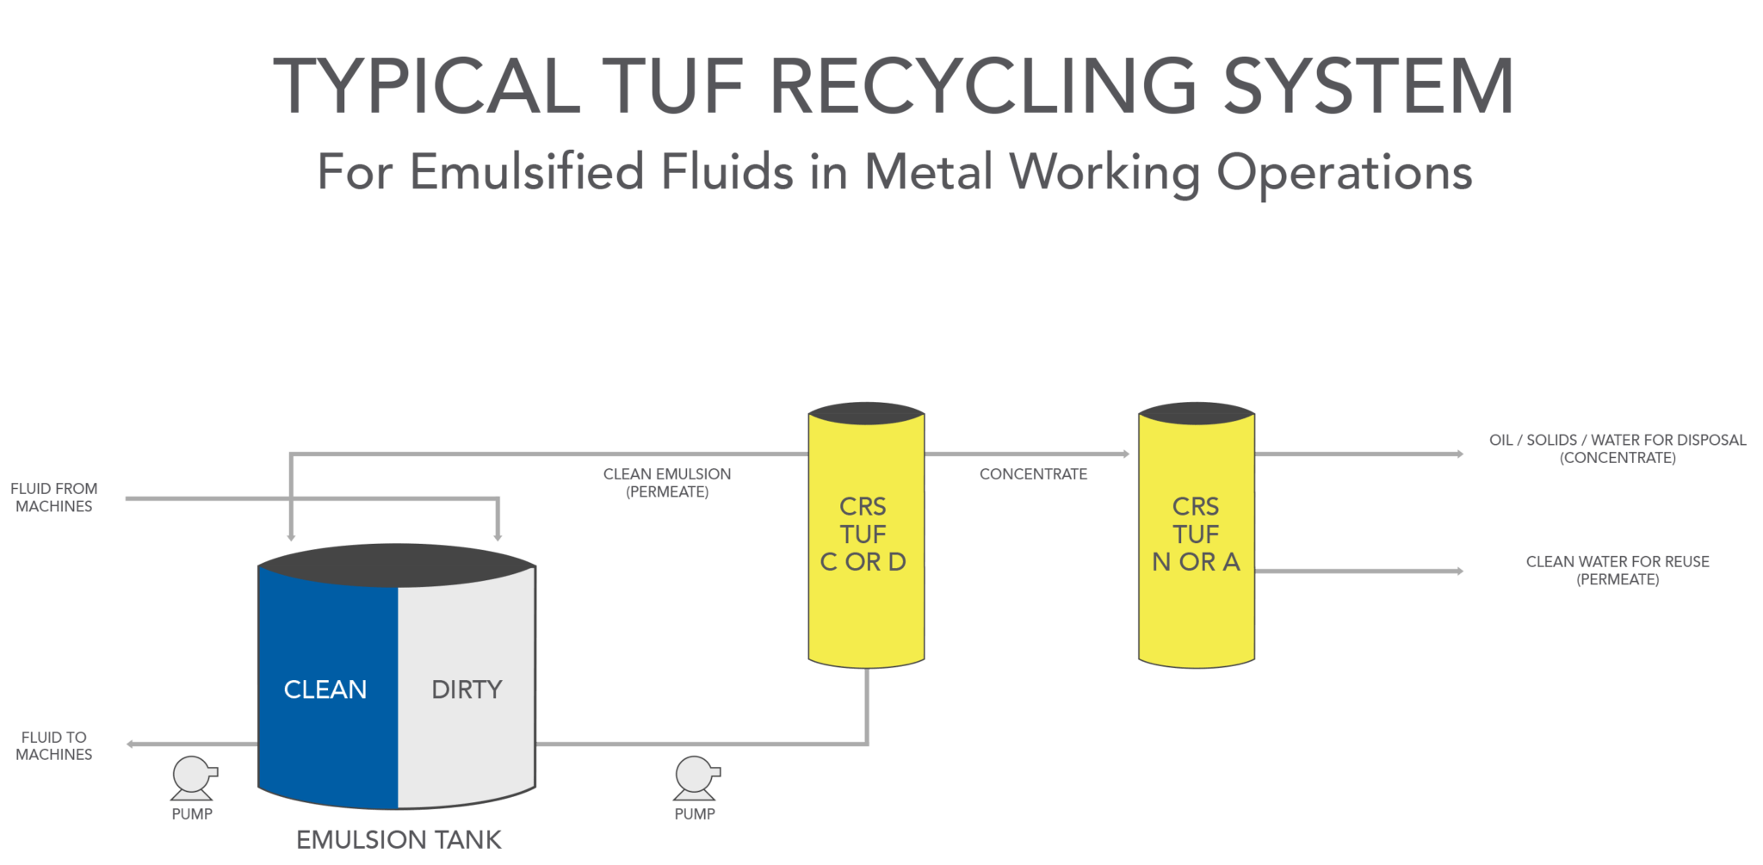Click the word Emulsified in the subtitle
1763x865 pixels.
[x=527, y=171]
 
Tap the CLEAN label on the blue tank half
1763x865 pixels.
[x=325, y=689]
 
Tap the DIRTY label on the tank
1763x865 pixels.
[x=467, y=689]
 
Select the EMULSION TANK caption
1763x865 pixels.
[x=399, y=840]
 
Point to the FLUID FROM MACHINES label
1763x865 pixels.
[x=53, y=497]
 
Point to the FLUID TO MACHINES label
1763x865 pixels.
[x=53, y=745]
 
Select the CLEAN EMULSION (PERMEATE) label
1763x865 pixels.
[x=667, y=483]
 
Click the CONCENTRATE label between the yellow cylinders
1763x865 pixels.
[x=1033, y=474]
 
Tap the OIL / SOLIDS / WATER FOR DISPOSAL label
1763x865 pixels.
[x=1618, y=448]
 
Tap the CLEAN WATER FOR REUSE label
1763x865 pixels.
[x=1618, y=570]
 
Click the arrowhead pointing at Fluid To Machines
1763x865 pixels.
[x=131, y=744]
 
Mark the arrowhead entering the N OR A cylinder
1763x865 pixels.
[x=1126, y=454]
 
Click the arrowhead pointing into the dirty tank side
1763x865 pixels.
[x=498, y=537]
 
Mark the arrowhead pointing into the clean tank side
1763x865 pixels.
[x=292, y=537]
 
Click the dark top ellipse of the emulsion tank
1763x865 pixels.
[x=396, y=565]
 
